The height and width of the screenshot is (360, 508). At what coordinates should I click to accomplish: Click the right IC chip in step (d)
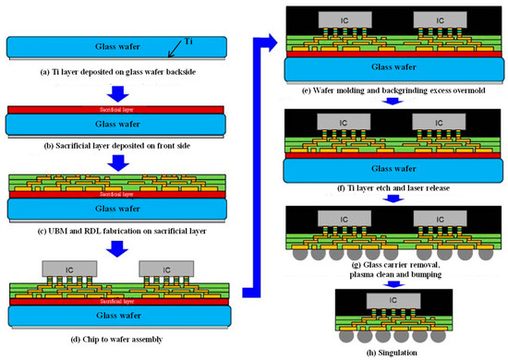(159, 268)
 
